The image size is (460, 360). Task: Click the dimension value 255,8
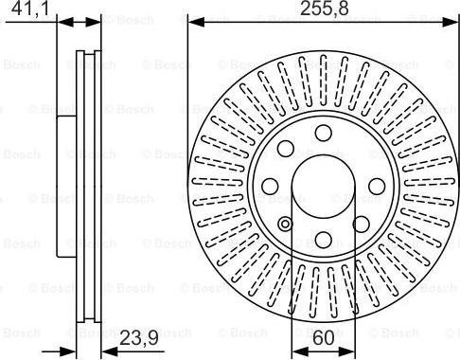tap(325, 9)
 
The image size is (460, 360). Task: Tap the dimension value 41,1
tap(30, 9)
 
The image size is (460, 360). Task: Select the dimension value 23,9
tap(139, 339)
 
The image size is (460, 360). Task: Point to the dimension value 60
tap(324, 338)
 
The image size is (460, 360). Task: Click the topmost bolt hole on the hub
tap(324, 133)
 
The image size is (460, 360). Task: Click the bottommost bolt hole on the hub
tap(324, 240)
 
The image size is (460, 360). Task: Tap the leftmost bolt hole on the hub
tap(270, 186)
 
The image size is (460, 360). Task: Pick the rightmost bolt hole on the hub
tap(377, 186)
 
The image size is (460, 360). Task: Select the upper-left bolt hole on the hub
tap(286, 149)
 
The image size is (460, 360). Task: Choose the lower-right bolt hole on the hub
tap(361, 224)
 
